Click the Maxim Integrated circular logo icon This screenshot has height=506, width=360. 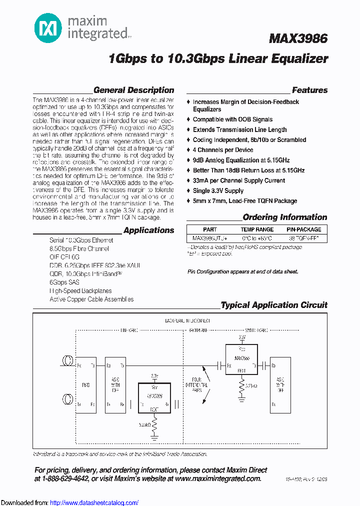[x=48, y=28]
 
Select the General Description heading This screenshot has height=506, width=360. [x=133, y=90]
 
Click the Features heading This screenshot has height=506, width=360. [x=309, y=90]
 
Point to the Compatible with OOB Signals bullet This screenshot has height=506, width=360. [x=232, y=119]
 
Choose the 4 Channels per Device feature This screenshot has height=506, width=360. [x=223, y=150]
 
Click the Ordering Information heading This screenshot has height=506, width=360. [x=284, y=217]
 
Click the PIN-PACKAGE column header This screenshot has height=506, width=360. [x=303, y=229]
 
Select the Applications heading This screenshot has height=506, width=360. [x=148, y=230]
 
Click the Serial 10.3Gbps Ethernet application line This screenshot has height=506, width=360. [x=81, y=240]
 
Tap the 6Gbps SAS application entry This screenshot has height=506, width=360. [x=65, y=282]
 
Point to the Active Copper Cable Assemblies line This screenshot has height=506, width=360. [x=91, y=299]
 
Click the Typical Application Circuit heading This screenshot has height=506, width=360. [x=274, y=305]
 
